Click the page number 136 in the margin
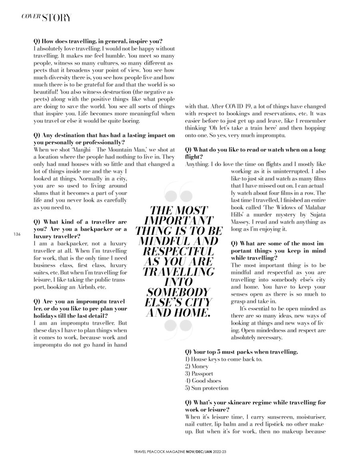point(17,234)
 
